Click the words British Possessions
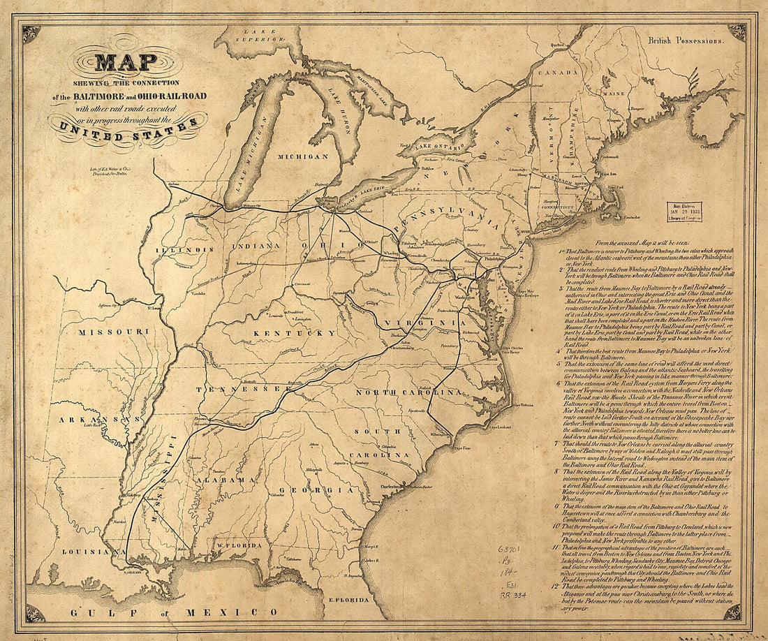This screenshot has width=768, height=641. point(686,41)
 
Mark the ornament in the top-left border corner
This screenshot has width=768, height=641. point(31,33)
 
